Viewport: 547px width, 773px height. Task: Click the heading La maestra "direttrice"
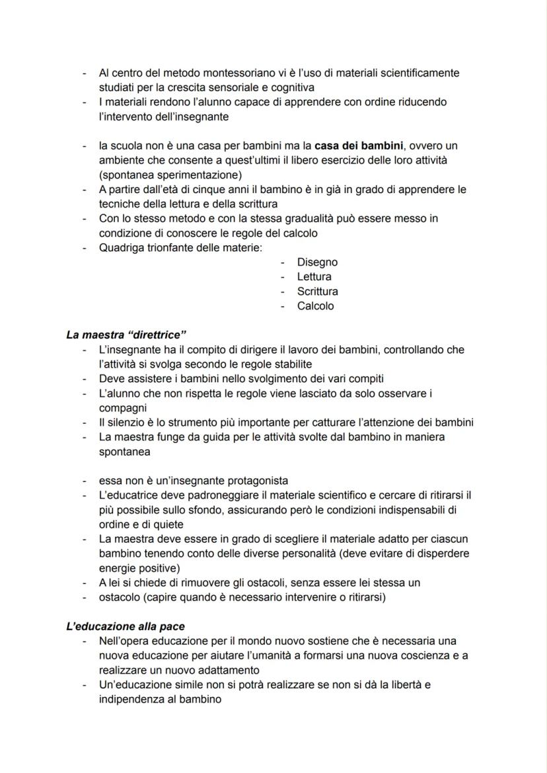124,335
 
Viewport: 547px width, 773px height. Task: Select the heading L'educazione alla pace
125,626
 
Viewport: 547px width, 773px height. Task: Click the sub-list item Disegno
317,263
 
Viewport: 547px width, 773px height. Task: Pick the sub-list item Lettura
314,277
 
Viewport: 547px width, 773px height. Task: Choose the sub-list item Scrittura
318,292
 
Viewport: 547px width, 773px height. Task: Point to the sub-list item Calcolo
316,306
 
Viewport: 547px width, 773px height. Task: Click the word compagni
123,408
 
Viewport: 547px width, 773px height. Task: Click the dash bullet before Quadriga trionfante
85,248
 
